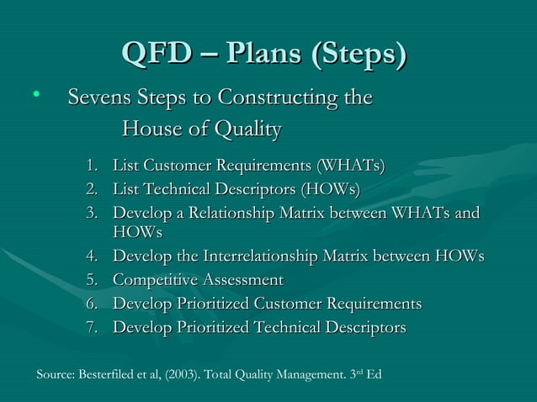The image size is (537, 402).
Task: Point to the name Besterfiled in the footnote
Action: pos(110,373)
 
